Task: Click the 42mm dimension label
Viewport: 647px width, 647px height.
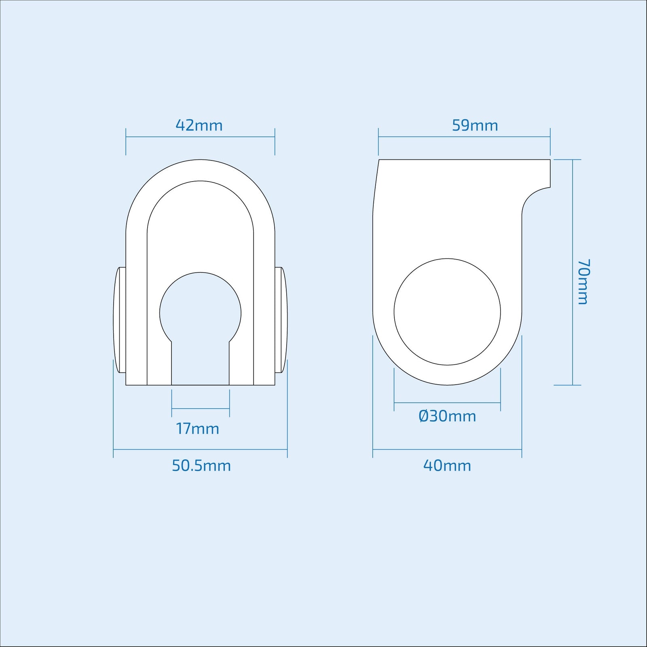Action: coord(199,125)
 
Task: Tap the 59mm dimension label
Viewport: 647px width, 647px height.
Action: coord(475,125)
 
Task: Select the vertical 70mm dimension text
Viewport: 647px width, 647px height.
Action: coord(583,282)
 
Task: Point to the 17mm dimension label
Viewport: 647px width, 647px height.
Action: coord(197,429)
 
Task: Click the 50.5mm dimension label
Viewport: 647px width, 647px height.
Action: coord(201,466)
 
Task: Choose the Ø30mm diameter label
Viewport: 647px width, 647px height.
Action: coord(447,416)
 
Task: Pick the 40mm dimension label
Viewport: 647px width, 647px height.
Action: coord(447,466)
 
